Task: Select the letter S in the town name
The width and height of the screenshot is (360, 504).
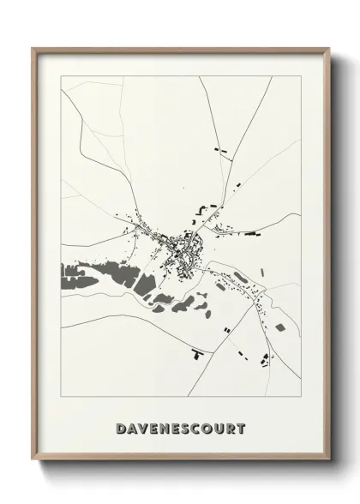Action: tap(185, 426)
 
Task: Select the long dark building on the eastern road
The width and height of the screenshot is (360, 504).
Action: tap(252, 232)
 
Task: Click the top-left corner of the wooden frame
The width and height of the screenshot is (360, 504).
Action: tap(33, 48)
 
